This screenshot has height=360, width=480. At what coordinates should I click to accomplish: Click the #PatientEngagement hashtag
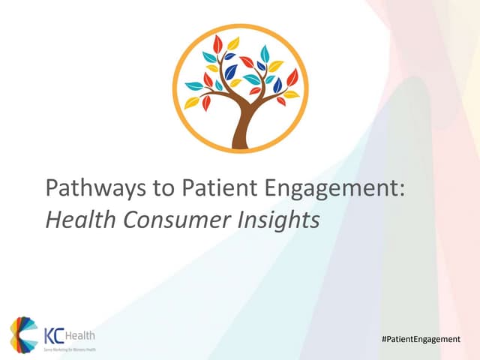point(420,340)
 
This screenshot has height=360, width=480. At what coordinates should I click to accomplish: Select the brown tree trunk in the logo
point(241,127)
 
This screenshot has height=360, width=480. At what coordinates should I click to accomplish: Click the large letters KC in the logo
point(55,333)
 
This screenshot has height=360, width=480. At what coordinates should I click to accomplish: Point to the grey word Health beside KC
point(81,334)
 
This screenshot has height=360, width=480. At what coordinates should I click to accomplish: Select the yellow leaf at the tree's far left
point(192,103)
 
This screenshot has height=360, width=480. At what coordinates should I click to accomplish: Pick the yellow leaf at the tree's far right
point(291,95)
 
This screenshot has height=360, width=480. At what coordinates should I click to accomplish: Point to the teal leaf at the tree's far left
point(193,85)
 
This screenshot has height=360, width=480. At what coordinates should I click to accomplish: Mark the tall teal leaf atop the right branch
point(264,53)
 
